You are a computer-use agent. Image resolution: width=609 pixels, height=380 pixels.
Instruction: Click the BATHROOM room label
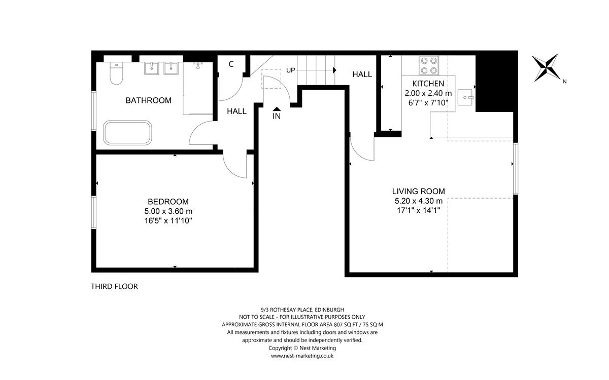pyautogui.click(x=148, y=100)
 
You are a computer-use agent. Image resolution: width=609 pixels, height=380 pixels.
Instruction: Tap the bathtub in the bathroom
pyautogui.click(x=127, y=133)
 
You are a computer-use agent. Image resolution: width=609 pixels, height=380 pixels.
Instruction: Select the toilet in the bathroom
pyautogui.click(x=116, y=74)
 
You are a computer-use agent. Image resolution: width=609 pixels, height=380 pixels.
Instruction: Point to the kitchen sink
pyautogui.click(x=465, y=96)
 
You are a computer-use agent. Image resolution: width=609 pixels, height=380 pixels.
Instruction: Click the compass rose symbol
pyautogui.click(x=546, y=68)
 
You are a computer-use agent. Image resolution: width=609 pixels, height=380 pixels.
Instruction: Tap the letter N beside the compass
pyautogui.click(x=564, y=81)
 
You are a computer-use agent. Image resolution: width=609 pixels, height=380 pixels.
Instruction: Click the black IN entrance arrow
pyautogui.click(x=277, y=108)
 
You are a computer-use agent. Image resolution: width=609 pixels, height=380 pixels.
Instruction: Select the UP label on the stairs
pyautogui.click(x=290, y=70)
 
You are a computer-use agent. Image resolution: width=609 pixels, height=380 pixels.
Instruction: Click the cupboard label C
pyautogui.click(x=231, y=64)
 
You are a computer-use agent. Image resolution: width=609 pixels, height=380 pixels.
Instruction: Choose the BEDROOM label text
pyautogui.click(x=168, y=201)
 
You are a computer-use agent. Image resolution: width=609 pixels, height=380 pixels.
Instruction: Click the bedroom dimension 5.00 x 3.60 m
pyautogui.click(x=168, y=211)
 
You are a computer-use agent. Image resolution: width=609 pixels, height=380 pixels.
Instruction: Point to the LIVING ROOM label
pyautogui.click(x=418, y=191)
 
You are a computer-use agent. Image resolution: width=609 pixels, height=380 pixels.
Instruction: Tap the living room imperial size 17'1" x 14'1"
pyautogui.click(x=418, y=210)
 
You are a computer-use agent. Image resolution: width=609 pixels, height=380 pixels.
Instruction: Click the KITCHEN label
pyautogui.click(x=428, y=84)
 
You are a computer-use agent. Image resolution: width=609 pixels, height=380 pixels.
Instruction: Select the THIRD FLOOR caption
pyautogui.click(x=114, y=286)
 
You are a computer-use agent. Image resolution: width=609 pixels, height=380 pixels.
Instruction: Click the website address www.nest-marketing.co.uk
pyautogui.click(x=302, y=356)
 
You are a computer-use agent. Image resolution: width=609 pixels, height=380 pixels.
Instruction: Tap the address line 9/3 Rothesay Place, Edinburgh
pyautogui.click(x=301, y=309)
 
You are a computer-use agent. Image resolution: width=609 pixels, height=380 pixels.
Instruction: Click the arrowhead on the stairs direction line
pyautogui.click(x=334, y=70)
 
